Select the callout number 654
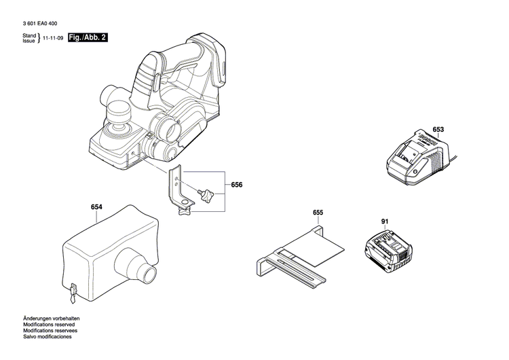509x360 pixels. click(x=97, y=209)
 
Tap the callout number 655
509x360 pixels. click(x=318, y=213)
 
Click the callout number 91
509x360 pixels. click(x=384, y=221)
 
